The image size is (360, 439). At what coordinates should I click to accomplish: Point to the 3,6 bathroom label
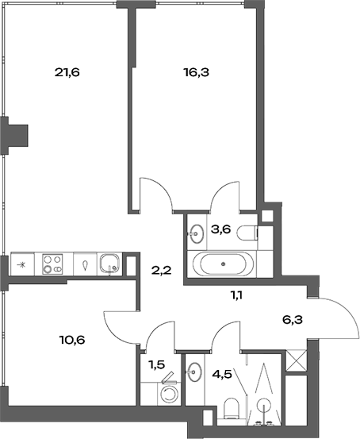click(x=219, y=230)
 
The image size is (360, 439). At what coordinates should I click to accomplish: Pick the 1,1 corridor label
click(x=236, y=296)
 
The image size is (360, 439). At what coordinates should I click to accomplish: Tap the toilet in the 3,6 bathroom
click(x=251, y=232)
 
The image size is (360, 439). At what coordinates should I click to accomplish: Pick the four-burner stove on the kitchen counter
click(x=54, y=263)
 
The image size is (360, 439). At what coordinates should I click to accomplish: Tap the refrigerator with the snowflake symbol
click(x=21, y=264)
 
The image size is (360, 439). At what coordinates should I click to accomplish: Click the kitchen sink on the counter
click(x=111, y=263)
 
